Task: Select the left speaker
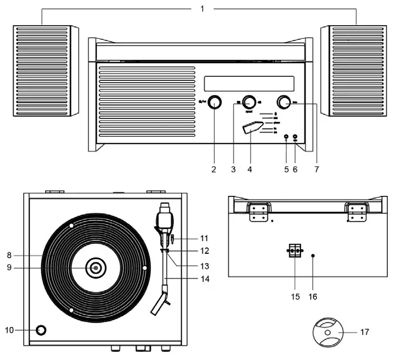coord(45,71)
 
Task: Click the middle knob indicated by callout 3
coord(249,101)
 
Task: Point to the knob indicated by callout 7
coord(285,102)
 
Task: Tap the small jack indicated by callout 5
coord(286,138)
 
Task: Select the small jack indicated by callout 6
coord(295,138)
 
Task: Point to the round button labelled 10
coord(40,330)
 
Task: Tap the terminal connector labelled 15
coord(295,250)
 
